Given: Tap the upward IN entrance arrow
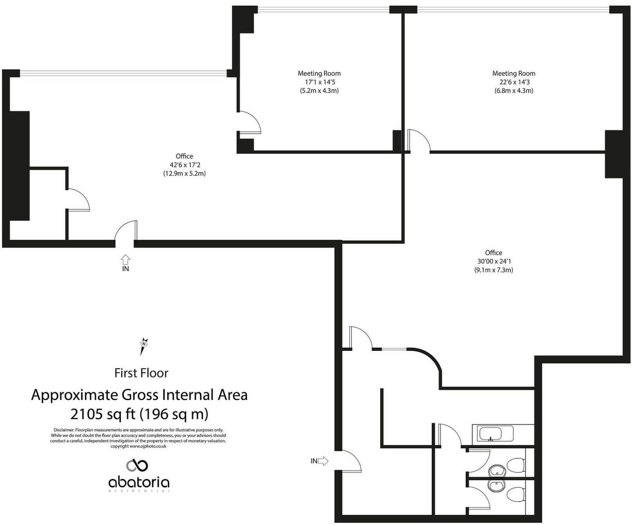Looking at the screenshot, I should click(126, 259).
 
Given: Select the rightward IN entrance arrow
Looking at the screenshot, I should click(323, 461).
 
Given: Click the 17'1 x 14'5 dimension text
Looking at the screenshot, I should click(320, 82).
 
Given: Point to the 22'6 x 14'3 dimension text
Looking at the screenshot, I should click(514, 82).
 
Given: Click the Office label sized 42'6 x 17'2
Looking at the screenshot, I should click(184, 156).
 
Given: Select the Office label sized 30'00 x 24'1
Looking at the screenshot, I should click(494, 253).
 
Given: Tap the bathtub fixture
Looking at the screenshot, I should click(493, 434).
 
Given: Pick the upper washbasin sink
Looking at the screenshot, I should click(497, 471).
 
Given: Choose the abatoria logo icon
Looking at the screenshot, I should click(137, 465).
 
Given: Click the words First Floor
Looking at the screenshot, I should click(141, 373).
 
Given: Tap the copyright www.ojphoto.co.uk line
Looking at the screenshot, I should click(138, 446).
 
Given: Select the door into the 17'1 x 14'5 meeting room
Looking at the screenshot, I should click(249, 122).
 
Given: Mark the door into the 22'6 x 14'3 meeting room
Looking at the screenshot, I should click(418, 141).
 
